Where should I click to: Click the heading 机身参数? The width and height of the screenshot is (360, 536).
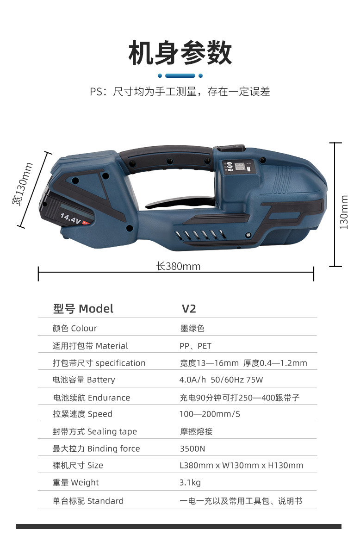pyautogui.click(x=180, y=53)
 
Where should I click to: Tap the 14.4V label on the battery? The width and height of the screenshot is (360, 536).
pyautogui.click(x=70, y=218)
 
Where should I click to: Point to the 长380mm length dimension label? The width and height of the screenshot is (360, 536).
pyautogui.click(x=178, y=266)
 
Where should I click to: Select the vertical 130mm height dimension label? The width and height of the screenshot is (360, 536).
pyautogui.click(x=344, y=212)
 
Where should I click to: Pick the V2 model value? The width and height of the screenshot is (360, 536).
pyautogui.click(x=189, y=309)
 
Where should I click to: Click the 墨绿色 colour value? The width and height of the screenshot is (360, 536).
pyautogui.click(x=192, y=328)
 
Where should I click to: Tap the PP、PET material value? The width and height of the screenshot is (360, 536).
pyautogui.click(x=195, y=346)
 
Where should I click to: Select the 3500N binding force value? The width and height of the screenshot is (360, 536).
pyautogui.click(x=192, y=449)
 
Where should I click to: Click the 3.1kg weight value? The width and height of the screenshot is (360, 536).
pyautogui.click(x=190, y=482)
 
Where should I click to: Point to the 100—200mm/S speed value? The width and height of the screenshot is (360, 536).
pyautogui.click(x=210, y=414)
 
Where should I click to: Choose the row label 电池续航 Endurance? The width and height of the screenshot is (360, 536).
pyautogui.click(x=91, y=398)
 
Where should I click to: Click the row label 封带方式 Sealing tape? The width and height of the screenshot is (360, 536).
pyautogui.click(x=94, y=431)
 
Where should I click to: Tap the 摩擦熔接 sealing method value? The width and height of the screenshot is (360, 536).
pyautogui.click(x=196, y=431)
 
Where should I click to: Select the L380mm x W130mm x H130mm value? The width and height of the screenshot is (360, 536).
pyautogui.click(x=241, y=465)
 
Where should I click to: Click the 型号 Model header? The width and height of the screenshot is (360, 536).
pyautogui.click(x=83, y=309)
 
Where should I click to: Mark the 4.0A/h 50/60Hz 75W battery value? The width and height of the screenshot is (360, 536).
pyautogui.click(x=221, y=380)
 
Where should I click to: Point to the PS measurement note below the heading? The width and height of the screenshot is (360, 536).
pyautogui.click(x=180, y=92)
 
